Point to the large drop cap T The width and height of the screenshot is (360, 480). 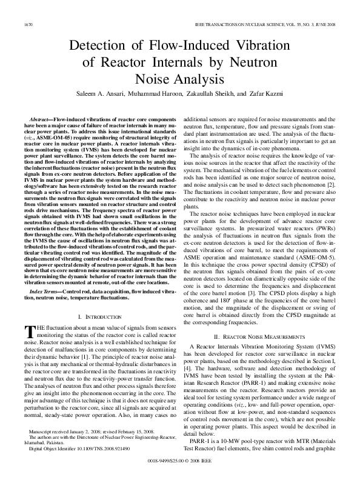click(29, 314)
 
